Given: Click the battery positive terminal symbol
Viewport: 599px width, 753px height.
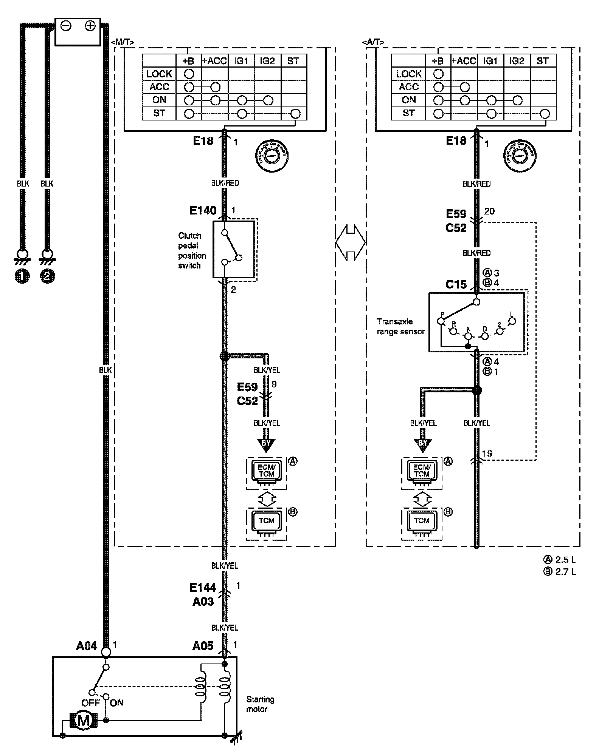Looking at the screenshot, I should click(x=90, y=26).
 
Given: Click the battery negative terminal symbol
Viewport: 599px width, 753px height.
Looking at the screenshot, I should click(x=66, y=26).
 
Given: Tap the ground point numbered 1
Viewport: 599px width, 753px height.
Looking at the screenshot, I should click(x=22, y=276).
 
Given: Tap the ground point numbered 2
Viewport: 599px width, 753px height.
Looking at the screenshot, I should click(x=47, y=276).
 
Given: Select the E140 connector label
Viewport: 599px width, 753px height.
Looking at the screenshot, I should click(x=203, y=210).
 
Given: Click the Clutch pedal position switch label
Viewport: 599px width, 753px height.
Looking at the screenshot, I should click(x=192, y=250).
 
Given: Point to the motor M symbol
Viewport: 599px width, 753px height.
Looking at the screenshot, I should click(x=83, y=721).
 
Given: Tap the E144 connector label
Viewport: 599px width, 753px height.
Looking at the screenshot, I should click(x=203, y=588).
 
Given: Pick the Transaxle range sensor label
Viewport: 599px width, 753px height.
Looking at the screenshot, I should click(x=400, y=327).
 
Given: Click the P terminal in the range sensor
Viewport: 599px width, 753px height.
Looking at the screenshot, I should click(x=441, y=321).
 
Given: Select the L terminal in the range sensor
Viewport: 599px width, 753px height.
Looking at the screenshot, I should click(x=512, y=321).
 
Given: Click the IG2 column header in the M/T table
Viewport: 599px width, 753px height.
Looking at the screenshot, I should click(x=267, y=61).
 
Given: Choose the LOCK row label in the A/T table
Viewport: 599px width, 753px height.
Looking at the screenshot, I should click(x=408, y=74).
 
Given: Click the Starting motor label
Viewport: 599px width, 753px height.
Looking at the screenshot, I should click(x=260, y=704).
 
